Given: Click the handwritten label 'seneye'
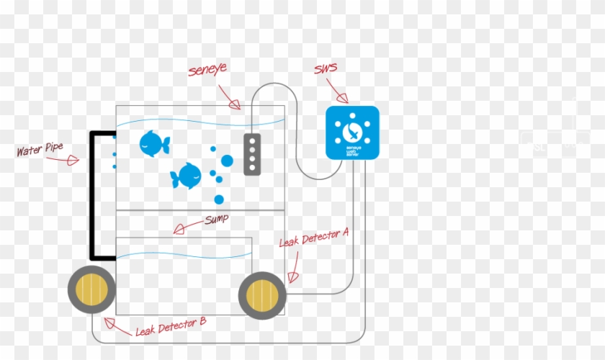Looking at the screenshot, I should tap(208, 71).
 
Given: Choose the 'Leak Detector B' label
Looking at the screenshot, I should tap(171, 326).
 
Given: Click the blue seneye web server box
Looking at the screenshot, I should tap(352, 132).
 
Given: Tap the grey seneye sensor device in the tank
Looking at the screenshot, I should tap(251, 154).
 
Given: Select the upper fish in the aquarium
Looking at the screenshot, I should tap(153, 143).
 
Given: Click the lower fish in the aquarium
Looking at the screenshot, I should tap(187, 175).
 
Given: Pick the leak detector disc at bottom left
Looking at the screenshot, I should tap(91, 289).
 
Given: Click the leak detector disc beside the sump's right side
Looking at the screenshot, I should tap(262, 295).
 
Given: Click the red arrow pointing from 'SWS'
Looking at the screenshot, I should tap(337, 92).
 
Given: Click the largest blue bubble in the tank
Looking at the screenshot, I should tap(227, 161).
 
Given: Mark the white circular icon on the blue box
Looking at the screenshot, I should tap(351, 129).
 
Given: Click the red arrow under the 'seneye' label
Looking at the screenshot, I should tap(230, 99).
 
